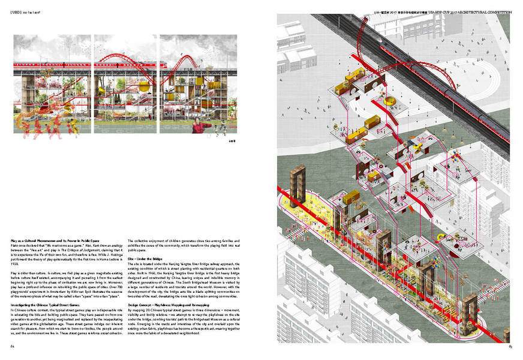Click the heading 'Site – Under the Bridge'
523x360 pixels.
(x=146, y=258)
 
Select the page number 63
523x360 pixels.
(x=510, y=346)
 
